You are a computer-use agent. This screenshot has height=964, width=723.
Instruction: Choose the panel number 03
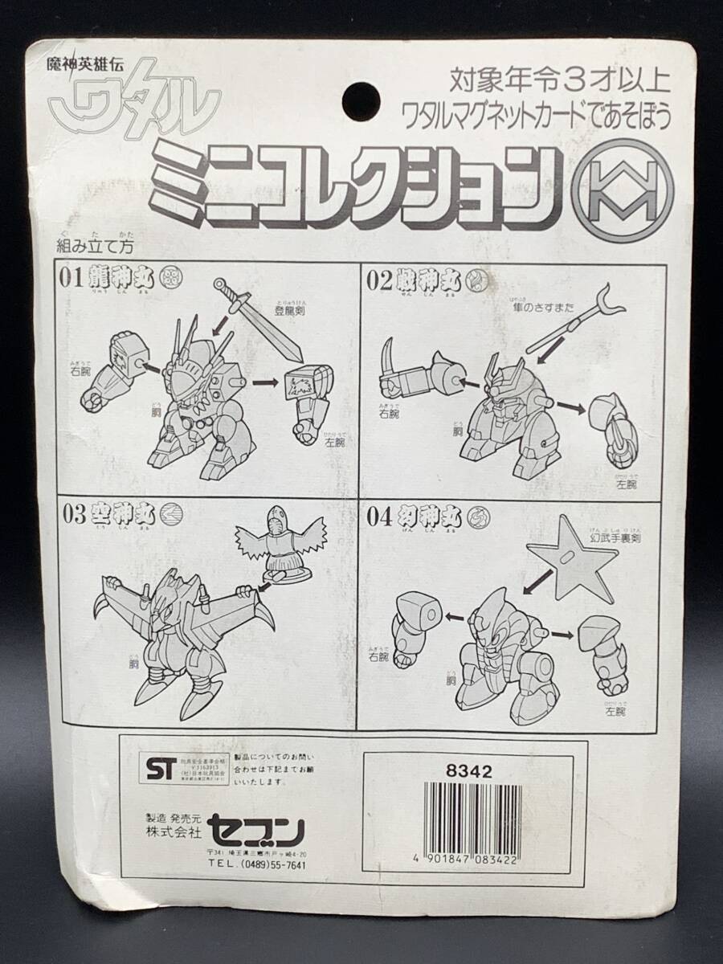click(71, 515)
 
